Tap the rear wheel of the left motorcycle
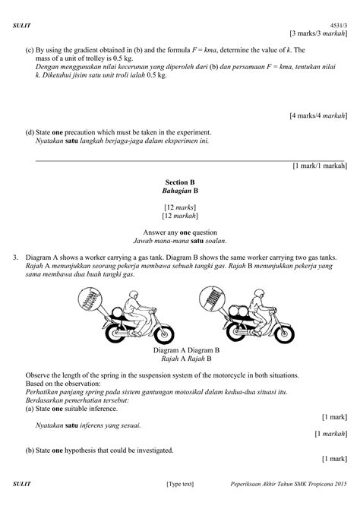109,335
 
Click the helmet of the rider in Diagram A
146,292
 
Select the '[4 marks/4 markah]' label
318,115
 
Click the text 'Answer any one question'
180,231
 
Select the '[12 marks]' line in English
180,207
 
